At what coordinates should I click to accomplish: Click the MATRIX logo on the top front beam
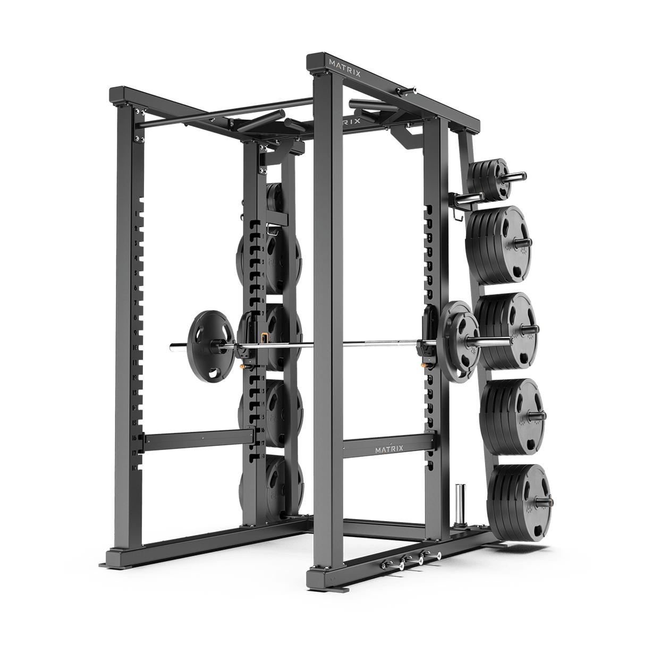tap(344, 74)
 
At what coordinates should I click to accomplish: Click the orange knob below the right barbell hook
tap(423, 365)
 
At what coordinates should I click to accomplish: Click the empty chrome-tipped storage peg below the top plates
tap(465, 200)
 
